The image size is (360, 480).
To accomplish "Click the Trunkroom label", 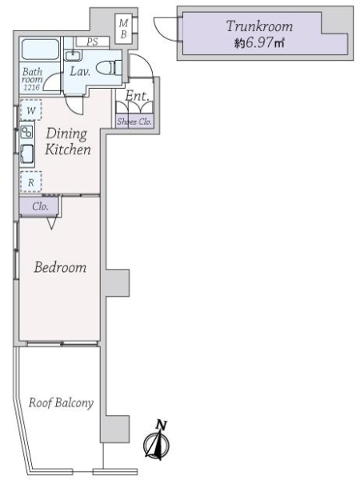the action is (x=259, y=26).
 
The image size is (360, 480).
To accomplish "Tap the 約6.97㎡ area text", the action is (x=259, y=42).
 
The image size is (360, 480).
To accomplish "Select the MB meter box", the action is (x=124, y=29).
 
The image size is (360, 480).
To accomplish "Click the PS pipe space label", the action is (x=92, y=42).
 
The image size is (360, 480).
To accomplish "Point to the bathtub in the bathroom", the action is (x=41, y=50).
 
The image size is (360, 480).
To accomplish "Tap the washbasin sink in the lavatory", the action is (x=73, y=55).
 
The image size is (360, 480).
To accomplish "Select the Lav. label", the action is (x=80, y=72).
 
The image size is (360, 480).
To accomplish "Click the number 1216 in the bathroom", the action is (x=31, y=87).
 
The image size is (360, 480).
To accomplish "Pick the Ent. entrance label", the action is (x=137, y=96).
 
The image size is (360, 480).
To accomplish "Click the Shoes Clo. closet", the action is (x=134, y=122).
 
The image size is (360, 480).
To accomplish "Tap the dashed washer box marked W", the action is (x=31, y=110).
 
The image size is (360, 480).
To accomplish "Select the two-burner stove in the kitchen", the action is (x=27, y=132).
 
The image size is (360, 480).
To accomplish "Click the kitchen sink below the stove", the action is (x=27, y=154).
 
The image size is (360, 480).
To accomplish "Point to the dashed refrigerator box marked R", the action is (x=31, y=182).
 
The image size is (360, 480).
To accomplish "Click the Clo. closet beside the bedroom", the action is (x=39, y=206).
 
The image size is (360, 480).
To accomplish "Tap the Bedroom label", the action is (x=60, y=267).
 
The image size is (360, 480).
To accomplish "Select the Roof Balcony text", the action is (x=61, y=403).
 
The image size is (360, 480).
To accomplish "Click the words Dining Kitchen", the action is (x=68, y=142).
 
